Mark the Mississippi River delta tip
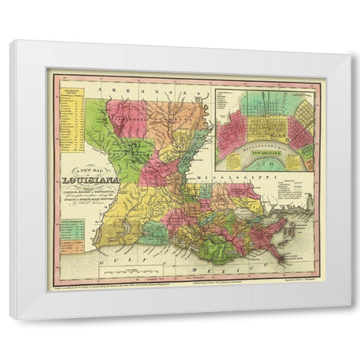point(283,260)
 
